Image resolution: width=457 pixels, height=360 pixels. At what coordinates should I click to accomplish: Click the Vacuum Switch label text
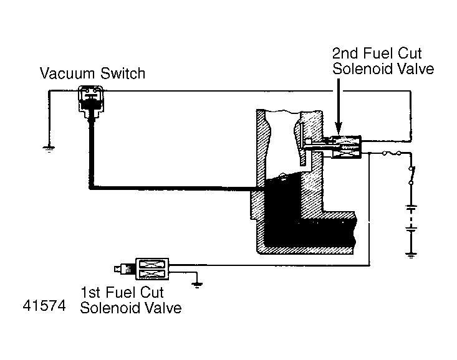(92, 73)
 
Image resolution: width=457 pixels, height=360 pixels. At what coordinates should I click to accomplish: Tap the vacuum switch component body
(90, 100)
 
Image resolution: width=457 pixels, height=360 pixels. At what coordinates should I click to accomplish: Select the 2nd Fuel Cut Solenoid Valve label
(382, 61)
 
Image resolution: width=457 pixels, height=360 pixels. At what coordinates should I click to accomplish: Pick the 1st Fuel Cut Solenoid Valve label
(131, 300)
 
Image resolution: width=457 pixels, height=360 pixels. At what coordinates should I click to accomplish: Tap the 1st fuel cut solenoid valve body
(153, 269)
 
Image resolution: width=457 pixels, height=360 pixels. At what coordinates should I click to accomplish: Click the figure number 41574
(44, 308)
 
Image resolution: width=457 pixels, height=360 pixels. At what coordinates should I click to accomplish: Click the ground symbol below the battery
(410, 253)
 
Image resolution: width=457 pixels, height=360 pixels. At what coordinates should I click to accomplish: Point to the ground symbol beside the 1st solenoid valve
(198, 285)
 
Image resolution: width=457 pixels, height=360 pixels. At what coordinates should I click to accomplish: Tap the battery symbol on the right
(410, 218)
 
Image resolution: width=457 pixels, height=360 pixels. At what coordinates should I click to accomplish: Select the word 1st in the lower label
(90, 291)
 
